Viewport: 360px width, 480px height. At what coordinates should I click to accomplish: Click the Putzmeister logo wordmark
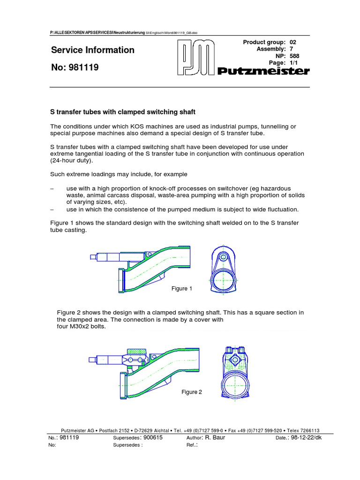(x=264, y=71)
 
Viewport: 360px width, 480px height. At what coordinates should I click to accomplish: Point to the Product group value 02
(x=293, y=42)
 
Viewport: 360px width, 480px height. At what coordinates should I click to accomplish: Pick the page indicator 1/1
(x=293, y=63)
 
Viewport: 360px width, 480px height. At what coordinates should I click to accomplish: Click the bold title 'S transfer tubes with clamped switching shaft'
(x=122, y=112)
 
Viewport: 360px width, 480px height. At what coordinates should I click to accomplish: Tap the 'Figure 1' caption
(x=182, y=289)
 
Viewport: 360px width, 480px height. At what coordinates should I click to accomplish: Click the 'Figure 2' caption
(x=192, y=392)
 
